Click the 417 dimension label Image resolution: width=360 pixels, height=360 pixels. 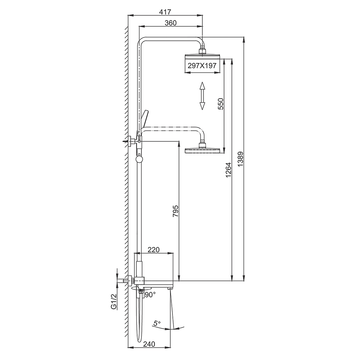click(165, 12)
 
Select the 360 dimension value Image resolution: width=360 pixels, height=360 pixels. click(171, 23)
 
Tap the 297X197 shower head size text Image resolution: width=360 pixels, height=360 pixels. click(202, 66)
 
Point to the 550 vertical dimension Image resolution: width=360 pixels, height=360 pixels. click(220, 104)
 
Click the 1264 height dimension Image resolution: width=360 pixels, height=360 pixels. click(228, 170)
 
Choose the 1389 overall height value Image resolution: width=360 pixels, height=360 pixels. click(240, 159)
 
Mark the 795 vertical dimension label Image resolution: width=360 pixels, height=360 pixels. click(175, 211)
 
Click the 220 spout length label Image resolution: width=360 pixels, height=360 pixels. click(154, 250)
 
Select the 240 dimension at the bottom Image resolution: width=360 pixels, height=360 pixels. click(149, 344)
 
